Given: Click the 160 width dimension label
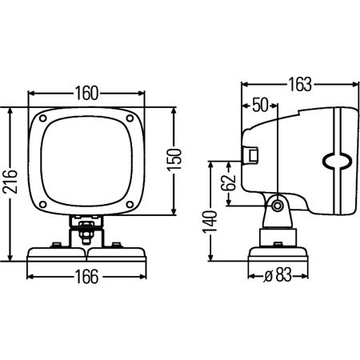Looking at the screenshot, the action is coord(86,94).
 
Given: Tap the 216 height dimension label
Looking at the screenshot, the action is coord(10,181).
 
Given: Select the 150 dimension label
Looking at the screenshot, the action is coord(174,159).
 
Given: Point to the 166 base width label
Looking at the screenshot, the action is coord(87,277).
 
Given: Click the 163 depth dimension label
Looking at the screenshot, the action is coord(300,85).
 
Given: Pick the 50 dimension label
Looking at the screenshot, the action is coord(260,105).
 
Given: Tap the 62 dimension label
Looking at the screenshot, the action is coord(229,183).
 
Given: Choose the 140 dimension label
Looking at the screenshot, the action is coord(210,222).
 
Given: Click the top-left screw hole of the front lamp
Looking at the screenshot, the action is coord(43,118).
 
